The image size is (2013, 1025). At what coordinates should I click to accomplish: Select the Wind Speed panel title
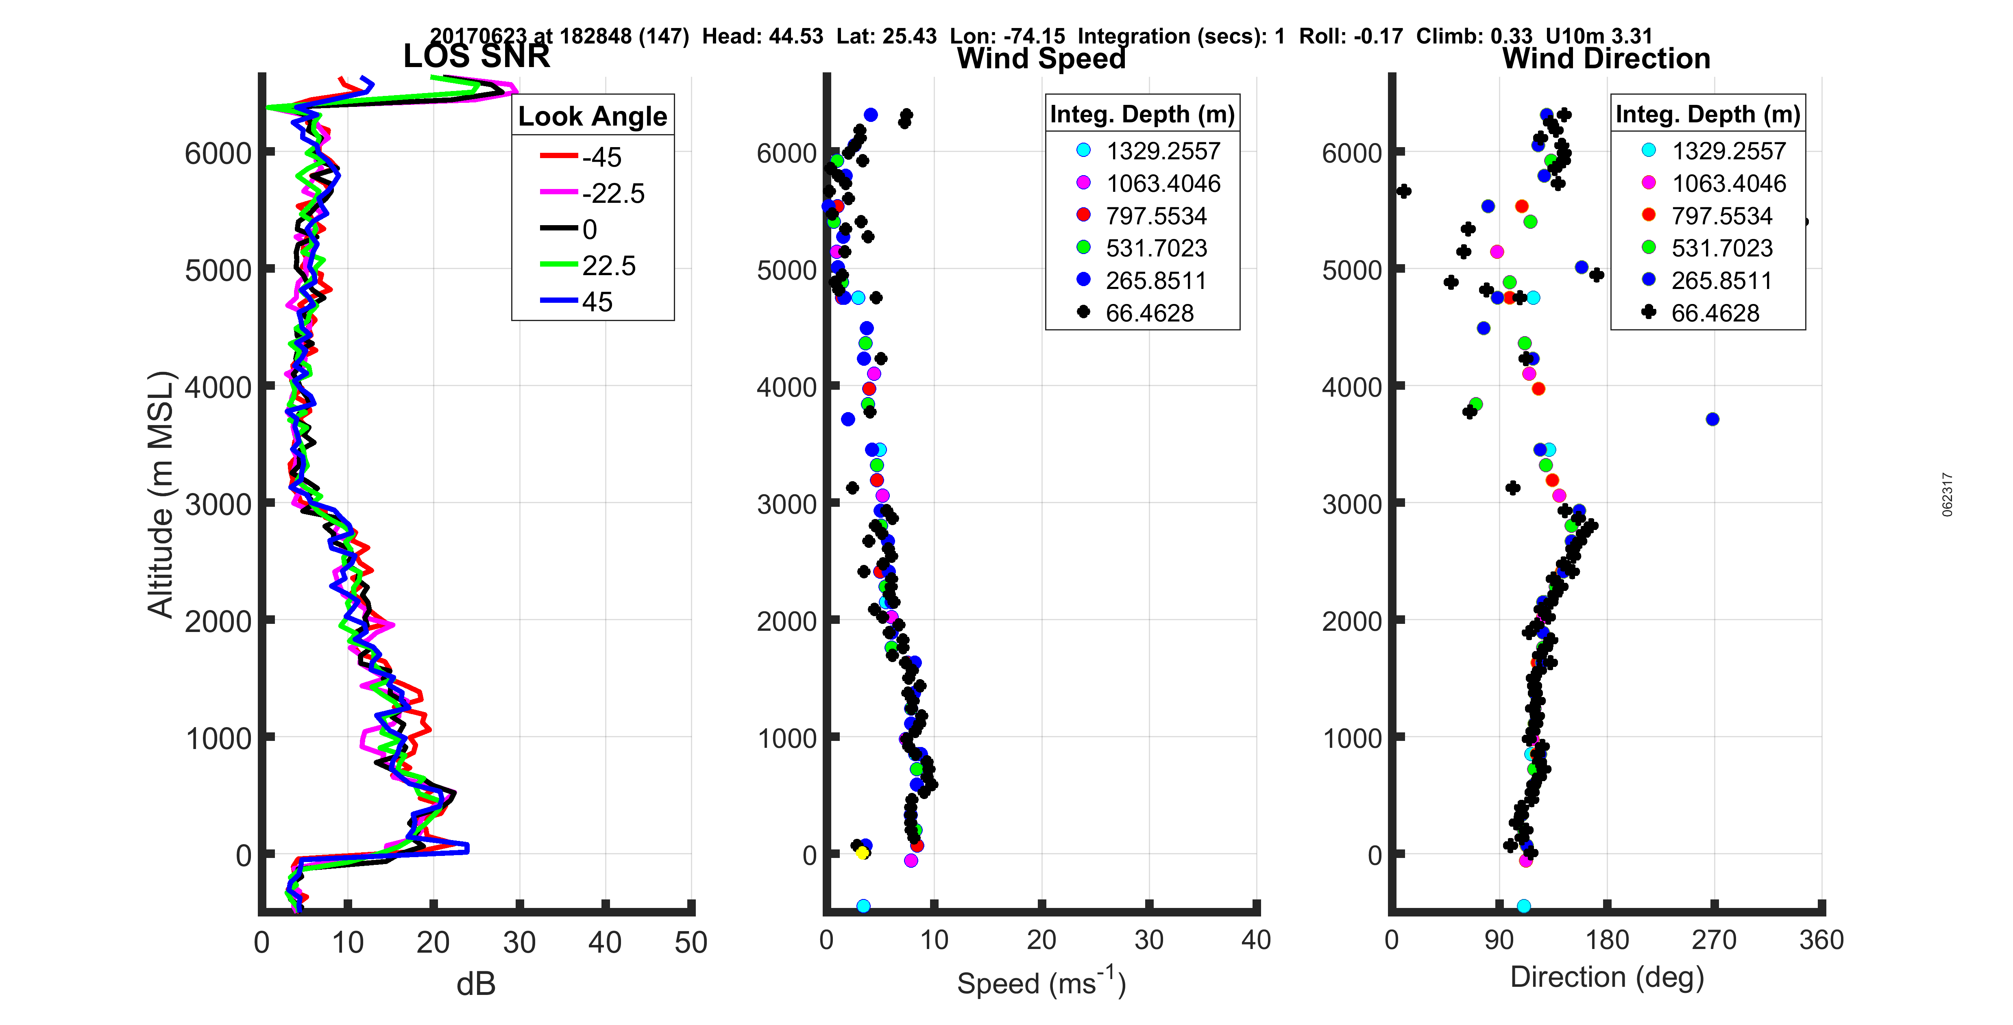[1041, 59]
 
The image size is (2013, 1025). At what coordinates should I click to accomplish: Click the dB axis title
[476, 984]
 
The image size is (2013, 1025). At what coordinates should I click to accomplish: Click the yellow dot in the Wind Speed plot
[862, 852]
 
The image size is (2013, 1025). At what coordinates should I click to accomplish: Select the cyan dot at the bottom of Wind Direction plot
[1523, 906]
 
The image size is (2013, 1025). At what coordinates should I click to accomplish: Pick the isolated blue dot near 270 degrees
[1712, 419]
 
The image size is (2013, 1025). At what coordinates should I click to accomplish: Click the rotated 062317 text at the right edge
[1948, 495]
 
